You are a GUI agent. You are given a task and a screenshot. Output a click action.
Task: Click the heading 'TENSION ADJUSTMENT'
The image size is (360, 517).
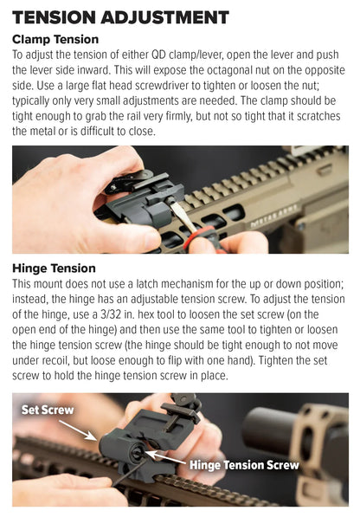(x=120, y=17)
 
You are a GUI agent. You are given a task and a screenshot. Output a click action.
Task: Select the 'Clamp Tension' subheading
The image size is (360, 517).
(x=55, y=40)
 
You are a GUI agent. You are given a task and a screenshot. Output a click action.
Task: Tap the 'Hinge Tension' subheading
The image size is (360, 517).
(x=54, y=268)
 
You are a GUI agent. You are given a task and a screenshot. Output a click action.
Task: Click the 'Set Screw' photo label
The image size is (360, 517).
(x=48, y=410)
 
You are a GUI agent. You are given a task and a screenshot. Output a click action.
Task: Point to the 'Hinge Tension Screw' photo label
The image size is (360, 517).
(x=244, y=465)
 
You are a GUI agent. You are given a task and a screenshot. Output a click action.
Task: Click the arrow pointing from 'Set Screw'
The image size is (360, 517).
(x=78, y=430)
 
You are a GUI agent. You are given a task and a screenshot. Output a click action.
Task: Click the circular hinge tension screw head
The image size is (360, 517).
(x=137, y=452)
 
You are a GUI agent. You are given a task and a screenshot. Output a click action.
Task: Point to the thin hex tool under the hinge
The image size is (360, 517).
(x=130, y=471)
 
